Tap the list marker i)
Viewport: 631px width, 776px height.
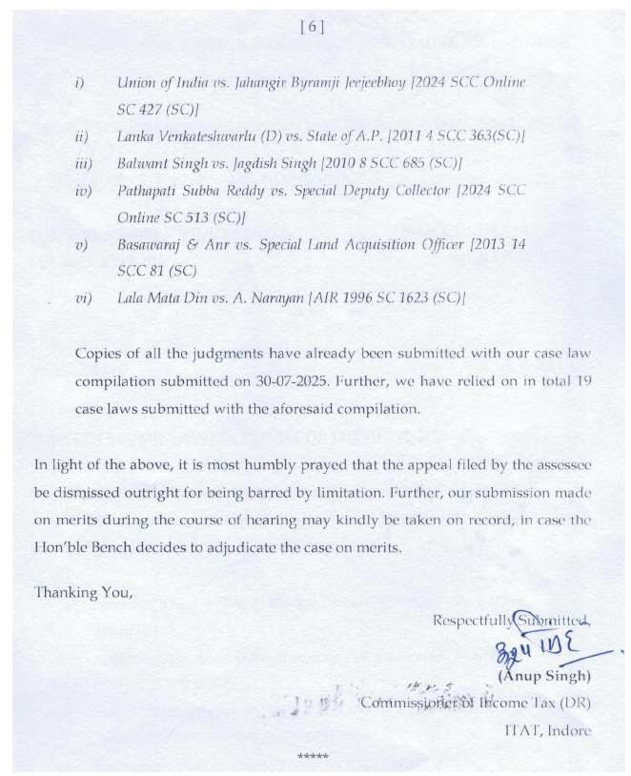pyautogui.click(x=80, y=83)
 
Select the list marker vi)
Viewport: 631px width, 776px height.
pyautogui.click(x=83, y=299)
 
